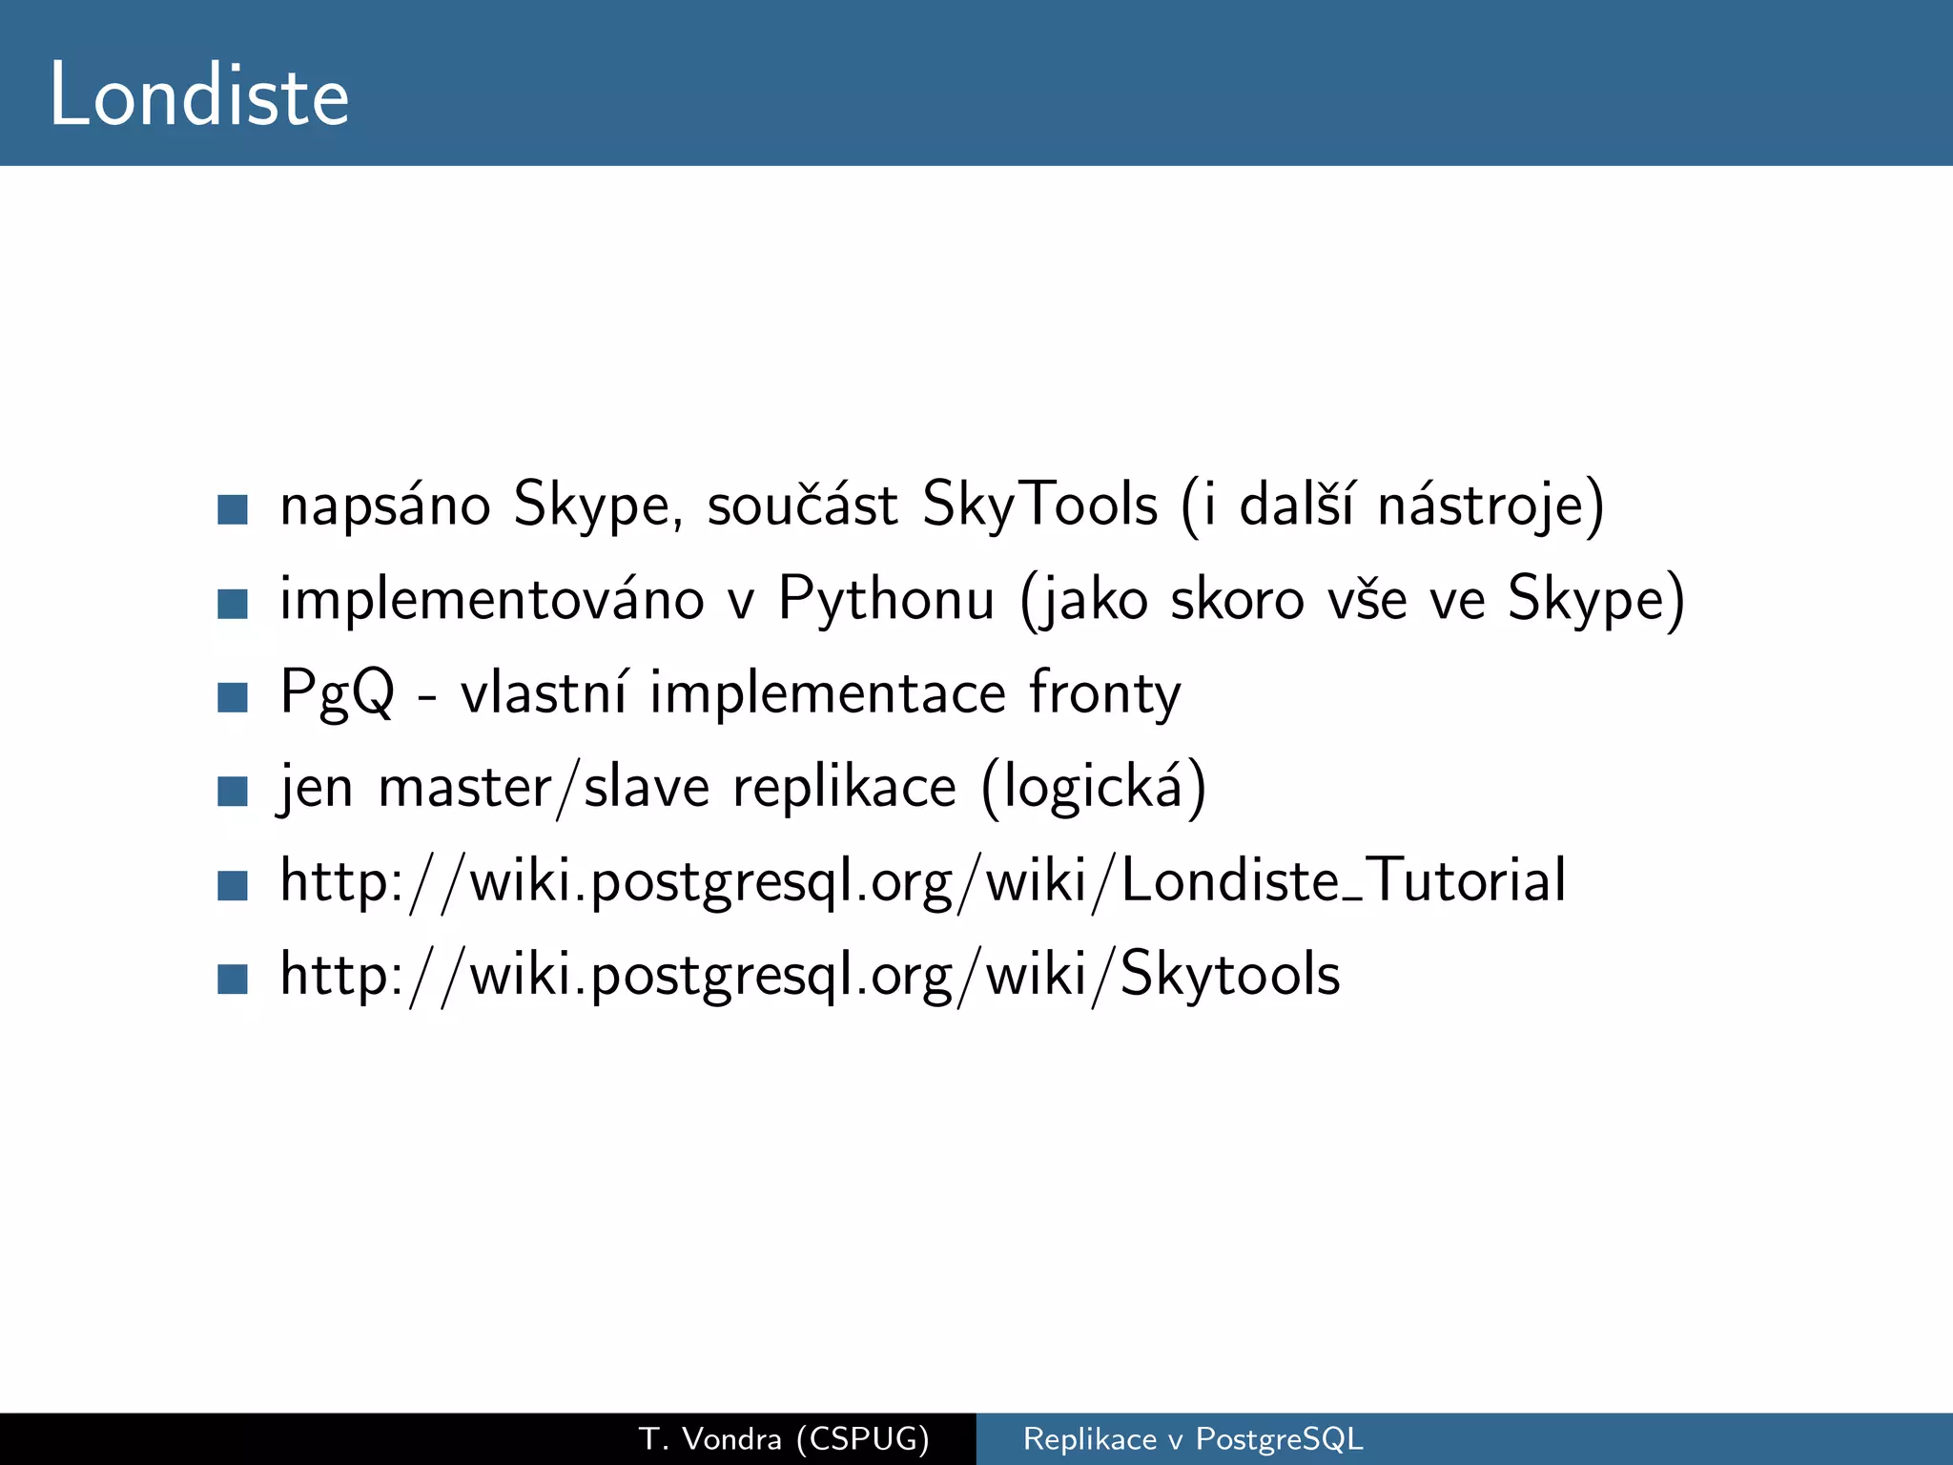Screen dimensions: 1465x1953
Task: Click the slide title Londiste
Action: pos(199,95)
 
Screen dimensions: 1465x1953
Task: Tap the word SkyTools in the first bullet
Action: pos(1039,506)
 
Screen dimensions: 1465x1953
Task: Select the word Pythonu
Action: pos(887,600)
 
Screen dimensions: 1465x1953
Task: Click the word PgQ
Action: pos(337,693)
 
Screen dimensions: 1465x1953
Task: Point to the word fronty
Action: pos(1104,693)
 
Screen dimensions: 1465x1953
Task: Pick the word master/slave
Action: pos(544,788)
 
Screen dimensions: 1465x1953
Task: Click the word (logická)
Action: pos(1094,788)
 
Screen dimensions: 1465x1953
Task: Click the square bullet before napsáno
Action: pos(233,509)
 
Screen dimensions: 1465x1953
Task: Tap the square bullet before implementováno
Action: pos(233,604)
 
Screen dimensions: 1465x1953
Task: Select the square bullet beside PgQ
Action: pos(233,697)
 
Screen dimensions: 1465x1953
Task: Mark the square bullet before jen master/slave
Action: pos(233,792)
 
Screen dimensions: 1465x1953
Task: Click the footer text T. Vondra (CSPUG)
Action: pos(784,1438)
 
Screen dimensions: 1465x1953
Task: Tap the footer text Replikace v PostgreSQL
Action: pos(1193,1438)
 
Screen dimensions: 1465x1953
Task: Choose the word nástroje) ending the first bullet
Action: pos(1490,506)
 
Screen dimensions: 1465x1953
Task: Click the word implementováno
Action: pos(492,600)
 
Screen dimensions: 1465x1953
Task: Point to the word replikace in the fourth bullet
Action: pos(844,788)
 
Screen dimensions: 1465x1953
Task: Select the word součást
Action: pos(802,506)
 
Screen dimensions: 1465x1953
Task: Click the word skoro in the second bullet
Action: pos(1237,600)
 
